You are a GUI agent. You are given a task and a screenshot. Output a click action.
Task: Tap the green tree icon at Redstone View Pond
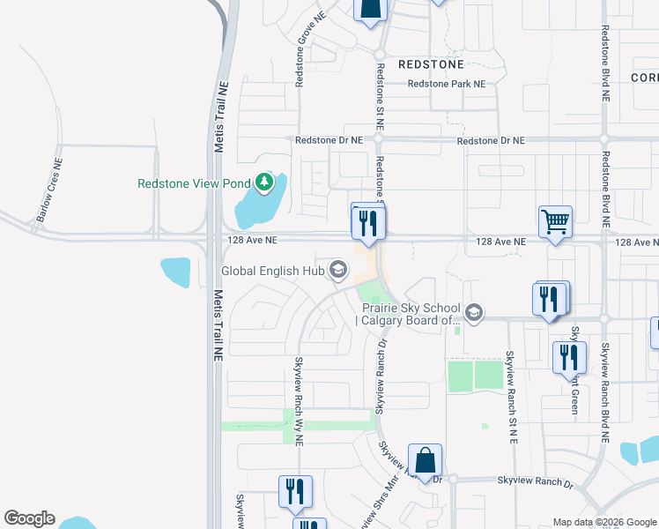click(x=263, y=183)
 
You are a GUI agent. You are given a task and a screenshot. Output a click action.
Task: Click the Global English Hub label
click(x=272, y=272)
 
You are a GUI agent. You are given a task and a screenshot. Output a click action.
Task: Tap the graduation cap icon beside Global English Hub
click(x=337, y=270)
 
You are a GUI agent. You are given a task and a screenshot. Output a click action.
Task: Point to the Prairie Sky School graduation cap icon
click(x=474, y=312)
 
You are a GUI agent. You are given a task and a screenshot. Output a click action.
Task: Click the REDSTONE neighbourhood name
click(x=430, y=64)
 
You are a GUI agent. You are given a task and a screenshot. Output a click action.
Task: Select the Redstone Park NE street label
click(x=446, y=84)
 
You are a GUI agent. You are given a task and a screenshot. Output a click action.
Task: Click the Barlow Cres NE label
click(x=46, y=190)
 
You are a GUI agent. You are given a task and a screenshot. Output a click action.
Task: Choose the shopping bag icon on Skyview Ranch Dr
click(x=425, y=460)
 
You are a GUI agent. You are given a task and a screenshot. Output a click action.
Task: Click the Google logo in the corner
click(x=29, y=518)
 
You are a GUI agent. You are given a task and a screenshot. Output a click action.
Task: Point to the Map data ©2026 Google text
click(x=604, y=522)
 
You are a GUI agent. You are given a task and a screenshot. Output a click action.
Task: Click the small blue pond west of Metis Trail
click(x=175, y=272)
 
